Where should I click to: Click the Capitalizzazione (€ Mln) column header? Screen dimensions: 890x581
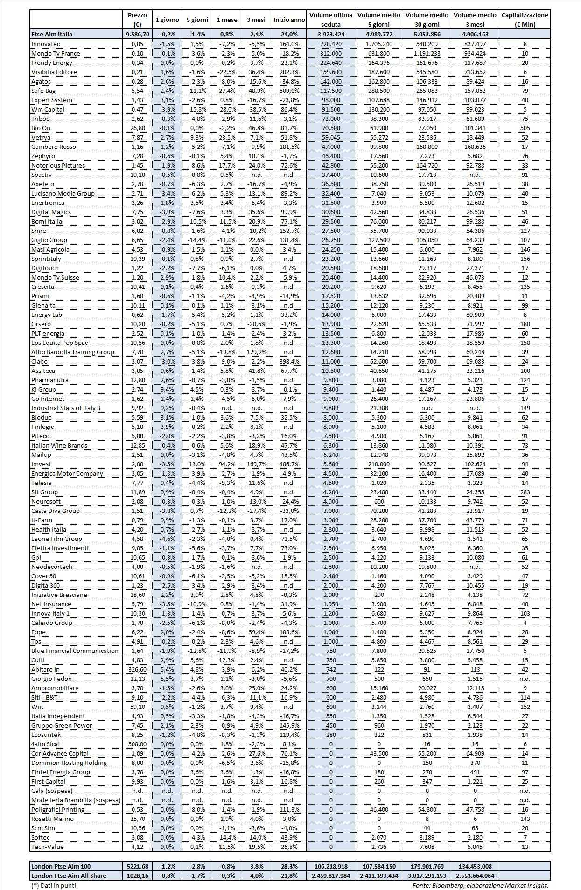[x=525, y=20]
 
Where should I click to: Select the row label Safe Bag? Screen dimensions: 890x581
[x=43, y=91]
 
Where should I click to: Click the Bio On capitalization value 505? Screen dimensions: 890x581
[x=525, y=128]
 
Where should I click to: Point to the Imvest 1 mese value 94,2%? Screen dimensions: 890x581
[x=227, y=464]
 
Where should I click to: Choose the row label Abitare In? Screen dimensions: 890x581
[x=45, y=669]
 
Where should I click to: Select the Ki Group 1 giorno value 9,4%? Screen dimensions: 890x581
[x=167, y=389]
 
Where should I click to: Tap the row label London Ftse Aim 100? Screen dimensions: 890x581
[x=61, y=866]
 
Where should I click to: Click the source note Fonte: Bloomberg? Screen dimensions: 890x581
[x=480, y=885]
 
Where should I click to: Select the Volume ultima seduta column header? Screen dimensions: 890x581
[x=330, y=20]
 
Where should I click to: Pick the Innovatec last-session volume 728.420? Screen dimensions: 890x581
[x=330, y=44]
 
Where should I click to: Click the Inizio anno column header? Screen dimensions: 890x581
[x=289, y=20]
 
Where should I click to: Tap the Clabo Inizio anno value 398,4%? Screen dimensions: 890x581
[x=289, y=361]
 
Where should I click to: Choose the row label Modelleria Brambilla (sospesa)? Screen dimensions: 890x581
[x=76, y=800]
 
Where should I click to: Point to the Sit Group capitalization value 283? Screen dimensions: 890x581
[x=525, y=492]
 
